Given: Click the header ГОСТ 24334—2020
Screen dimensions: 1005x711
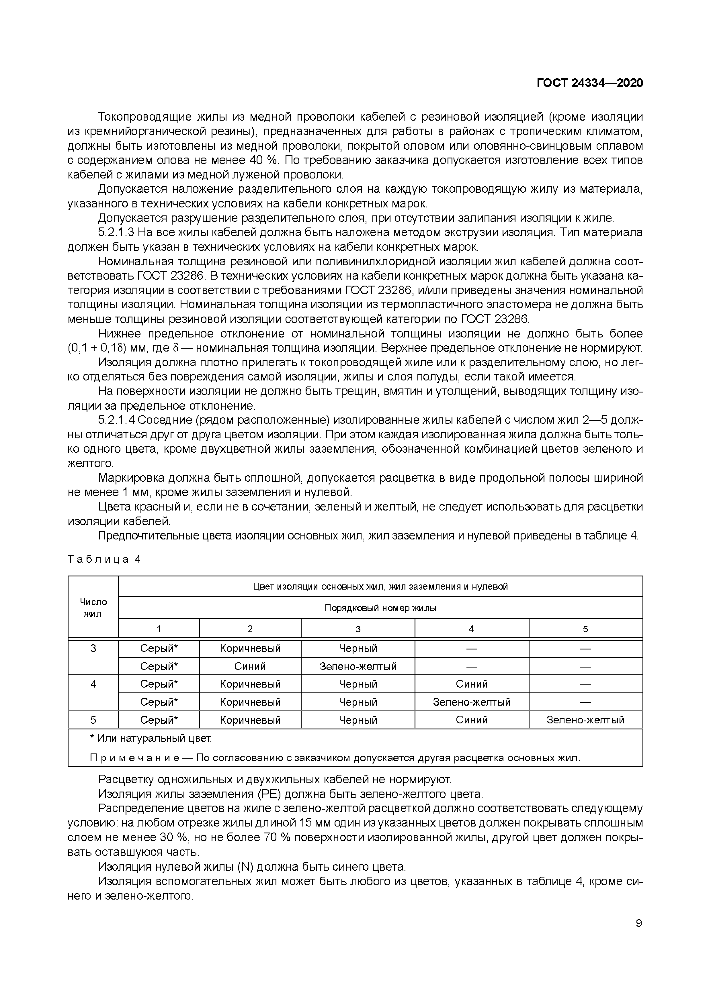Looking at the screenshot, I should (590, 83).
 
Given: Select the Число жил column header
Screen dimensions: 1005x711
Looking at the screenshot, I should (93, 608).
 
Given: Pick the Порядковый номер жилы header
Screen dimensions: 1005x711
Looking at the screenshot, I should (380, 608).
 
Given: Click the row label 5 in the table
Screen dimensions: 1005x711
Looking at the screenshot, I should (93, 720).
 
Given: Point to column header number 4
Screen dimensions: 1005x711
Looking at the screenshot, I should (471, 629).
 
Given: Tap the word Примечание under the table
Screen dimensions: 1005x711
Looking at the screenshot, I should (134, 758).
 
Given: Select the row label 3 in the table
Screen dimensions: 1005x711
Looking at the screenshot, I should (93, 648).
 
